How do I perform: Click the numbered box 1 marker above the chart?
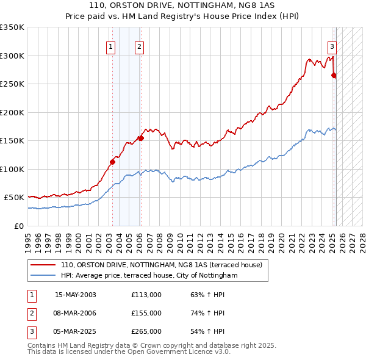tap(110, 46)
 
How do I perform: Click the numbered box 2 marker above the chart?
tap(139, 46)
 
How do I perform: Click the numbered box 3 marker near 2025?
tap(332, 46)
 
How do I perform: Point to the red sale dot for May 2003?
tap(112, 162)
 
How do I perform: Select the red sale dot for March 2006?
tap(141, 138)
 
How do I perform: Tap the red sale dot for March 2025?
tap(334, 76)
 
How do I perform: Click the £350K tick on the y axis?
tap(12, 27)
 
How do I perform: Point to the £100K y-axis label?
tap(12, 169)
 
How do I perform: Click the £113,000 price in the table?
tap(146, 295)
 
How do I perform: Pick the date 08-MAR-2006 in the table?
tap(75, 313)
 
